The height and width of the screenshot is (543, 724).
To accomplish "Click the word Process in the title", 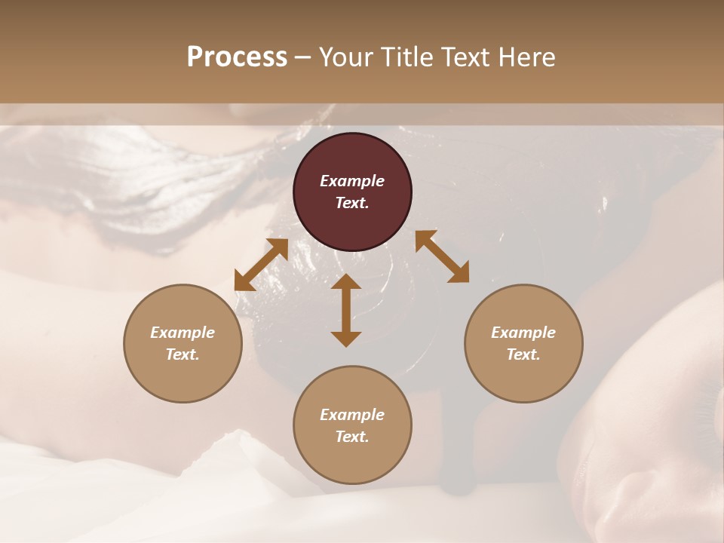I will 237,57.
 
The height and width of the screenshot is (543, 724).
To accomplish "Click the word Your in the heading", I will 345,57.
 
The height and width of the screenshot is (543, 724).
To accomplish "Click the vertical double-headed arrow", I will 346,310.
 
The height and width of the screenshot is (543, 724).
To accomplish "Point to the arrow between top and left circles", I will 261,264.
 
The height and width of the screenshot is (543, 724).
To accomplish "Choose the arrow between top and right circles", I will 442,256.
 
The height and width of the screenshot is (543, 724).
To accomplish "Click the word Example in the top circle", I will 352,181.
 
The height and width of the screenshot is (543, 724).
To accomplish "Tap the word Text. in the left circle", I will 183,354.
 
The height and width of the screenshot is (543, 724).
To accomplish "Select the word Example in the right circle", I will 523,333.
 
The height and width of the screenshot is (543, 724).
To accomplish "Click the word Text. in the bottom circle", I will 352,437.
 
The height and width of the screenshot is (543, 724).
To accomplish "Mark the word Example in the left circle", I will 183,333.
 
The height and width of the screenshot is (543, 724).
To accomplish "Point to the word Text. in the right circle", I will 523,354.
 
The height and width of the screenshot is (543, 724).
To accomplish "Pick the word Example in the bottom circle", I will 352,415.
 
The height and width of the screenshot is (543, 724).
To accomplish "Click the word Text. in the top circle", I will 352,203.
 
